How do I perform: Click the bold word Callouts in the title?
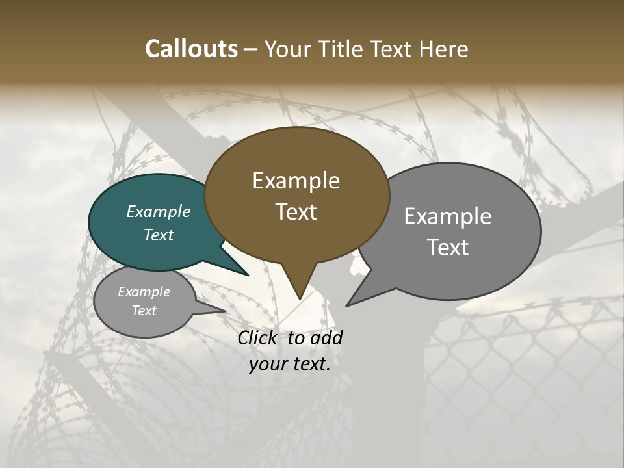click(x=191, y=49)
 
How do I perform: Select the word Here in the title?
click(x=445, y=49)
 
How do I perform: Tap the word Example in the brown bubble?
click(x=296, y=181)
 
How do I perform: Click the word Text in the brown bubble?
click(x=296, y=212)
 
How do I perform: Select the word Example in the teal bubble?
click(x=159, y=211)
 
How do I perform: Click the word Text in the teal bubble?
click(x=159, y=235)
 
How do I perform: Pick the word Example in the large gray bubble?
click(x=448, y=216)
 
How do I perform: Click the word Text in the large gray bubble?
click(x=448, y=248)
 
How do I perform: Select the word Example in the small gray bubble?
click(x=144, y=292)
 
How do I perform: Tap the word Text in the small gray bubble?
click(x=144, y=311)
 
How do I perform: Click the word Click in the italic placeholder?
click(x=258, y=337)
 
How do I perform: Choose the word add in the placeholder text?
click(x=326, y=337)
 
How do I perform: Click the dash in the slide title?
click(x=251, y=49)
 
